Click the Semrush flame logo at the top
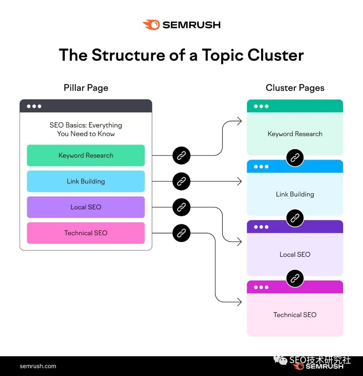(151, 25)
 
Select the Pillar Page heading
(86, 88)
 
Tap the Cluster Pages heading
(295, 88)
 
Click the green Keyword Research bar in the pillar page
(86, 156)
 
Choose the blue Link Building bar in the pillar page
(86, 181)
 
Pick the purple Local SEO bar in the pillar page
(86, 207)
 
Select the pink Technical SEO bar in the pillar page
(86, 233)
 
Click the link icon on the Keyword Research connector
(182, 156)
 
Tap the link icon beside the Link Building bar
(182, 181)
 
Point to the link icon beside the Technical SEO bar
(182, 233)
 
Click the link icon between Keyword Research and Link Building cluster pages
(295, 158)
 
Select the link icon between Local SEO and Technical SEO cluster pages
(295, 278)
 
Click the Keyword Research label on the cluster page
(295, 134)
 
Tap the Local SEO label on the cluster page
(295, 255)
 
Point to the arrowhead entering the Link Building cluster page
(239, 181)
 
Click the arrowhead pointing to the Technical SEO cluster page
(239, 302)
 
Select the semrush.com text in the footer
(38, 366)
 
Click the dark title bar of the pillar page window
(86, 106)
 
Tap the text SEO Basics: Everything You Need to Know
(86, 129)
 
